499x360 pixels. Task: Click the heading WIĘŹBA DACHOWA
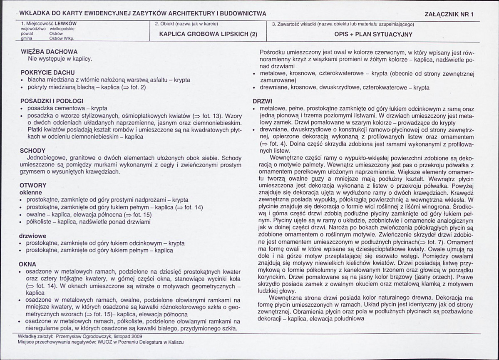pyautogui.click(x=49, y=52)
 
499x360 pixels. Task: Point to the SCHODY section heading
pyautogui.click(x=32, y=150)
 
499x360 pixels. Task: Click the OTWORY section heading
pyautogui.click(x=33, y=185)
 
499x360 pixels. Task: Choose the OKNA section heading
pyautogui.click(x=28, y=264)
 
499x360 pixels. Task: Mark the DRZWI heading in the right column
pyautogui.click(x=262, y=101)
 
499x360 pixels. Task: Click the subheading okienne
pyautogui.click(x=31, y=193)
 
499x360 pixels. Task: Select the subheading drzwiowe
pyautogui.click(x=33, y=236)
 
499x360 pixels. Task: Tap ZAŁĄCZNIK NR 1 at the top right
pyautogui.click(x=449, y=14)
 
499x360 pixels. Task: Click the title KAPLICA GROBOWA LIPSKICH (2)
pyautogui.click(x=209, y=35)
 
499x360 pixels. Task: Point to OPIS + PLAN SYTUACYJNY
pyautogui.click(x=373, y=35)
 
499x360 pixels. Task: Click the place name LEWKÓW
pyautogui.click(x=68, y=24)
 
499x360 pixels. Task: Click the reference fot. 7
pyautogui.click(x=436, y=242)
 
